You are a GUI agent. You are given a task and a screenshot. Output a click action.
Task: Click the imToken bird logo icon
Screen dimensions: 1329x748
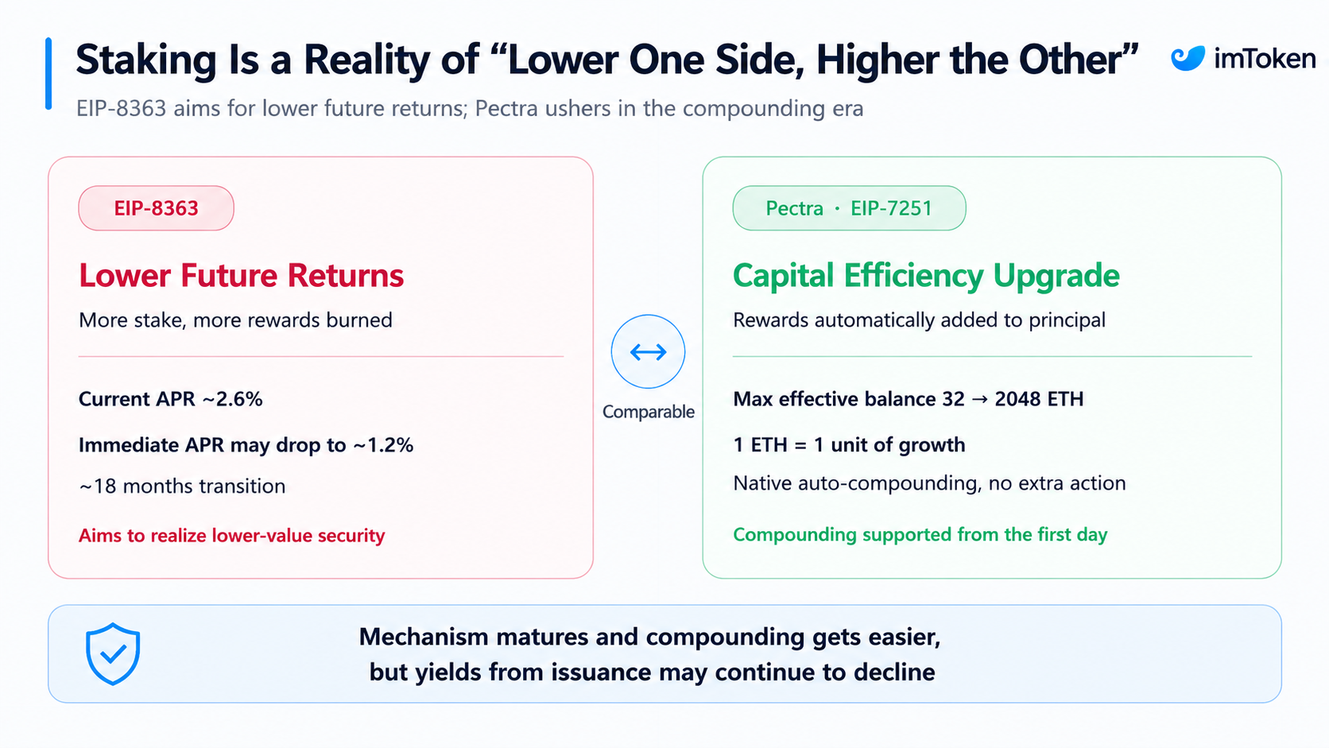[x=1188, y=58]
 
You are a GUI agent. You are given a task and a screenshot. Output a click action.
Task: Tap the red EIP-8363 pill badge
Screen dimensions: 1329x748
[x=156, y=208]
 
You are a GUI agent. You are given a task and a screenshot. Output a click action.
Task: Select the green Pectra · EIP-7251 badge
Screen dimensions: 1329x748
[x=849, y=208]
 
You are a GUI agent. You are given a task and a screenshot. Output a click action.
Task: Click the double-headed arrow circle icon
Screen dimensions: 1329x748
[x=648, y=352]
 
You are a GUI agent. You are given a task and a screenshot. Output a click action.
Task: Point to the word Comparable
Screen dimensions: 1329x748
[x=648, y=412]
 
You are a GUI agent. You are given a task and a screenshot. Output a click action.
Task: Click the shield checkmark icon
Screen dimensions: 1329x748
[x=113, y=653]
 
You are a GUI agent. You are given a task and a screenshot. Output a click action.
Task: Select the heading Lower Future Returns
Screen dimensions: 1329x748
[x=241, y=276]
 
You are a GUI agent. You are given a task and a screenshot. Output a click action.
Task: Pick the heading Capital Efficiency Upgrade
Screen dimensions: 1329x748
[x=926, y=276]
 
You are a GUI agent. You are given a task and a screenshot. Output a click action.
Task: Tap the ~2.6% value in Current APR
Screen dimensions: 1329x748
[x=232, y=399]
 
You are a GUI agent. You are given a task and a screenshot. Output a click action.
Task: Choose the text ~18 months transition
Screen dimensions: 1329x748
[x=182, y=486]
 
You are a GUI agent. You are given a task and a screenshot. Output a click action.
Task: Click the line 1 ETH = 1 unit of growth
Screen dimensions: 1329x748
[x=849, y=445]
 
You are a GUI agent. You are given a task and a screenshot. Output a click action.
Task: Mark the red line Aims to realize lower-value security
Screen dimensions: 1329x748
[x=232, y=536]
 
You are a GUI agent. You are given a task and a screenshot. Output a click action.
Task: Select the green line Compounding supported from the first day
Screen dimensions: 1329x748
[x=920, y=535]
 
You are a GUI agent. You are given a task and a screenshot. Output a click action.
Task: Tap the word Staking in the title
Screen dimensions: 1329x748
[x=146, y=60]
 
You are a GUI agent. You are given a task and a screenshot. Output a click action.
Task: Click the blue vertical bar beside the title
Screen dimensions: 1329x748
[x=48, y=74]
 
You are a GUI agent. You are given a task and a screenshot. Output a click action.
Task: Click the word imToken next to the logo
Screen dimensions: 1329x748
[x=1265, y=58]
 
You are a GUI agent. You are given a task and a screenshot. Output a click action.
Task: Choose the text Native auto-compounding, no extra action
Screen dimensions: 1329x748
[x=929, y=483]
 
